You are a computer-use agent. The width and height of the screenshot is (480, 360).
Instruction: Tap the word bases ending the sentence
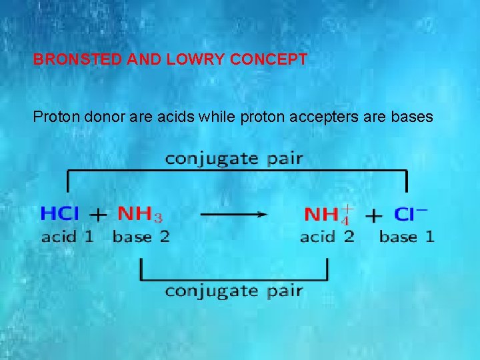pyautogui.click(x=413, y=117)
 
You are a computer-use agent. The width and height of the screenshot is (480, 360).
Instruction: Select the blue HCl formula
pyautogui.click(x=60, y=214)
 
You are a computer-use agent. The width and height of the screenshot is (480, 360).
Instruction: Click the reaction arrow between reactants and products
pyautogui.click(x=233, y=214)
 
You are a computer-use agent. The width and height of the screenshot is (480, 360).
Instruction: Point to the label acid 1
pyautogui.click(x=67, y=237)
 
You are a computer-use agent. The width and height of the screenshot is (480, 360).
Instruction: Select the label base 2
pyautogui.click(x=141, y=237)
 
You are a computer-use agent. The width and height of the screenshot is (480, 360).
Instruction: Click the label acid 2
pyautogui.click(x=327, y=237)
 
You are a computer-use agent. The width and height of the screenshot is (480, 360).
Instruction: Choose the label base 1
pyautogui.click(x=407, y=237)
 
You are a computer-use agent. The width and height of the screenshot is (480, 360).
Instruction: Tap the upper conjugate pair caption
pyautogui.click(x=234, y=159)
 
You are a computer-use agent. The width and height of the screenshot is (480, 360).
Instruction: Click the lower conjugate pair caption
pyautogui.click(x=234, y=291)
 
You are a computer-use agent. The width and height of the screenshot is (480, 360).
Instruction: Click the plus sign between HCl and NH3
pyautogui.click(x=98, y=215)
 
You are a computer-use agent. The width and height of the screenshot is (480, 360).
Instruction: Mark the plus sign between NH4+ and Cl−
pyautogui.click(x=375, y=215)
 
